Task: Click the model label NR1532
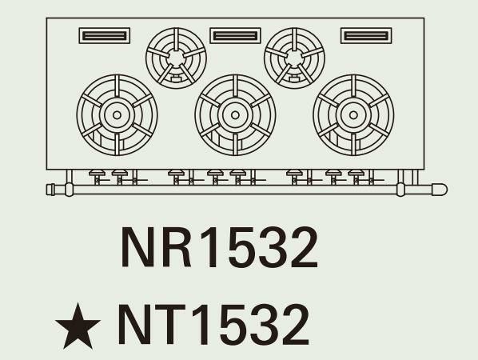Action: [220, 247]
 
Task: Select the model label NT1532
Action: [213, 324]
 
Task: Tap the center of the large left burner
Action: [117, 115]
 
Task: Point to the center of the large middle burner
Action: [235, 115]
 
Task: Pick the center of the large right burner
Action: [353, 115]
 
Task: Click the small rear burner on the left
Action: [176, 58]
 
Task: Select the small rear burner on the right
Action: [294, 58]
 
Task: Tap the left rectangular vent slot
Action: [105, 36]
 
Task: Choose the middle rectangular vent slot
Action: [235, 36]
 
